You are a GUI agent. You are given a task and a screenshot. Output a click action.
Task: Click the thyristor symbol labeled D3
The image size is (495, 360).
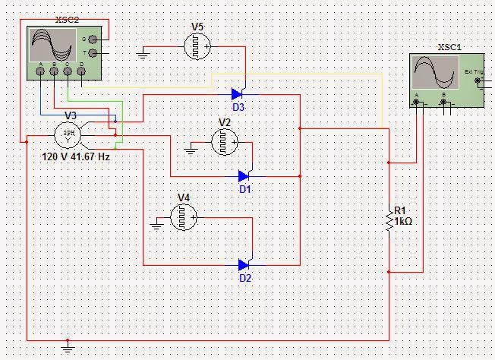237,94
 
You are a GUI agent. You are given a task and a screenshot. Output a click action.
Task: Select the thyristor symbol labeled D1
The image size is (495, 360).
244,175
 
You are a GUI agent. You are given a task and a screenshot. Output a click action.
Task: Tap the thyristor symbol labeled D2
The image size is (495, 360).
244,265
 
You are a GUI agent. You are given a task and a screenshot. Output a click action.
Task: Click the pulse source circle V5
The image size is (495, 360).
197,47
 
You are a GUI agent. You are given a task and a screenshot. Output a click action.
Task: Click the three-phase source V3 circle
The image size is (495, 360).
69,136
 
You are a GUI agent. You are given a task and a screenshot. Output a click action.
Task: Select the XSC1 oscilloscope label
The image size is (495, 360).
449,47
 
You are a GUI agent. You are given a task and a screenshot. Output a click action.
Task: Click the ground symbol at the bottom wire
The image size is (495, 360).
68,349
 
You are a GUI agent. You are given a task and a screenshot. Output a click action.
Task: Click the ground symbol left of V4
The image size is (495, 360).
156,223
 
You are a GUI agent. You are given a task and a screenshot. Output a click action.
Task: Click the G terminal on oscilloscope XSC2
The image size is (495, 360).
93,38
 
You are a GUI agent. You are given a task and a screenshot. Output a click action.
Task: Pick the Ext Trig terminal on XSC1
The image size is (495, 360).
477,79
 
